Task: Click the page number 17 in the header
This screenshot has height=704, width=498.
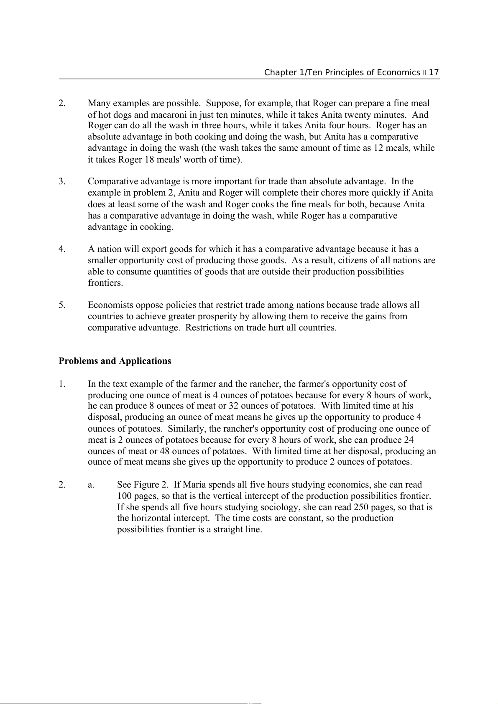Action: click(434, 72)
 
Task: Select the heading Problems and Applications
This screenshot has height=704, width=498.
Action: click(115, 361)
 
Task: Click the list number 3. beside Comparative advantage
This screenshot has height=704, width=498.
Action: click(62, 181)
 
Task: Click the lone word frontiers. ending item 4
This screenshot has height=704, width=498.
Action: click(105, 283)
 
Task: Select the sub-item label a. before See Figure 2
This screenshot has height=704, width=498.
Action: click(91, 485)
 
